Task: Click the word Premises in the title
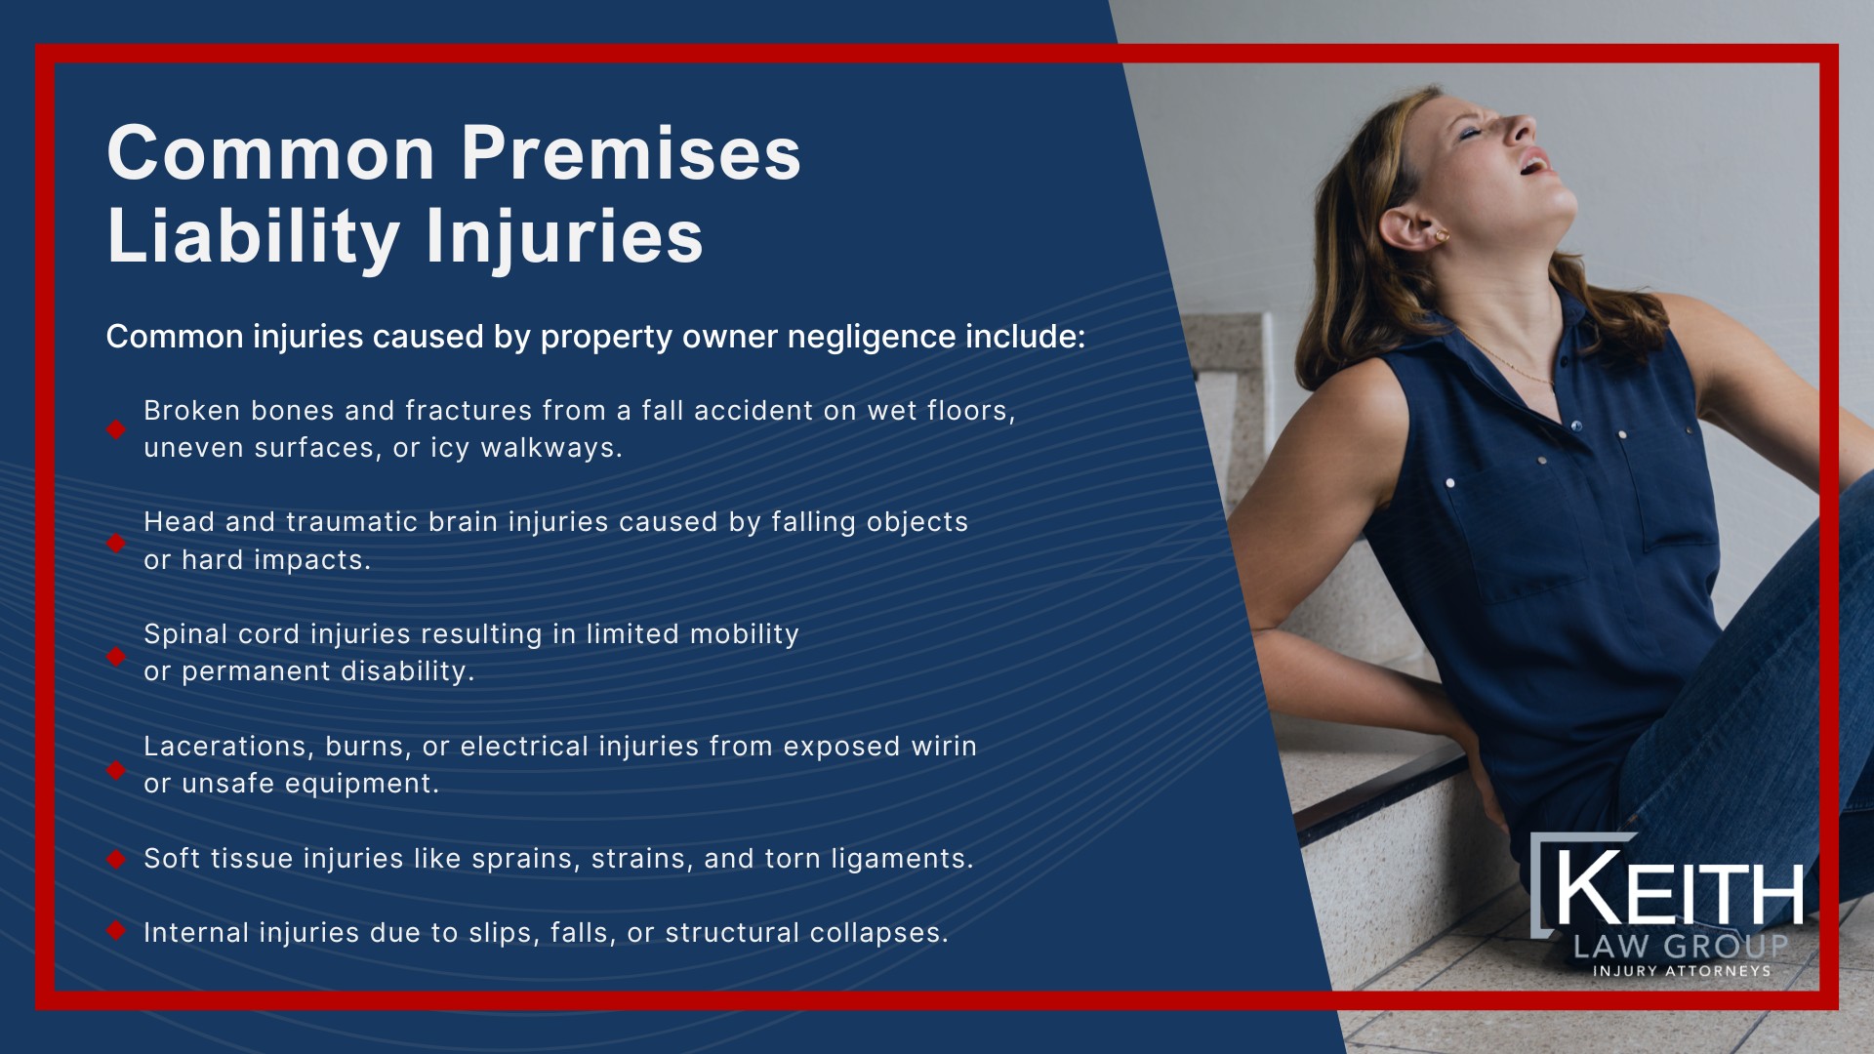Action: pos(631,154)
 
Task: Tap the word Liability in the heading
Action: pos(253,237)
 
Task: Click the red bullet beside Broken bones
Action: pos(116,429)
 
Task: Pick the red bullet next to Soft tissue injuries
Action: pos(116,859)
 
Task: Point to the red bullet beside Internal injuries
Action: pos(116,932)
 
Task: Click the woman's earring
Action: pos(1442,235)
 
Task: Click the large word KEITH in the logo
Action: pos(1679,890)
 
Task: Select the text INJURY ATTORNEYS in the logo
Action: pos(1681,971)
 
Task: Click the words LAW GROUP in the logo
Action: pos(1680,946)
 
